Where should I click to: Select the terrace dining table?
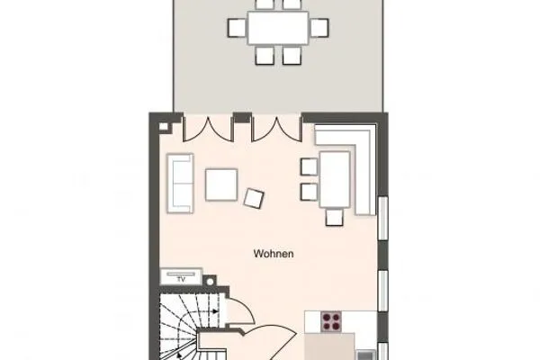point(277,28)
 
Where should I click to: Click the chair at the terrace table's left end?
point(237,28)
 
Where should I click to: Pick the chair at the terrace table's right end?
point(318,28)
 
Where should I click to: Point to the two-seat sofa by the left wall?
point(181,184)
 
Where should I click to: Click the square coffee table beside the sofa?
point(221,184)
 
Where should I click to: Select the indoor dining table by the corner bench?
point(335,178)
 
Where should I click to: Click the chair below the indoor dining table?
point(335,216)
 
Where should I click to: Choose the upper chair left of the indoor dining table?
point(308,166)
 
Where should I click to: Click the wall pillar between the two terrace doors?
point(241,117)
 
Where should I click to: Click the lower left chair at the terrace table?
point(265,56)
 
